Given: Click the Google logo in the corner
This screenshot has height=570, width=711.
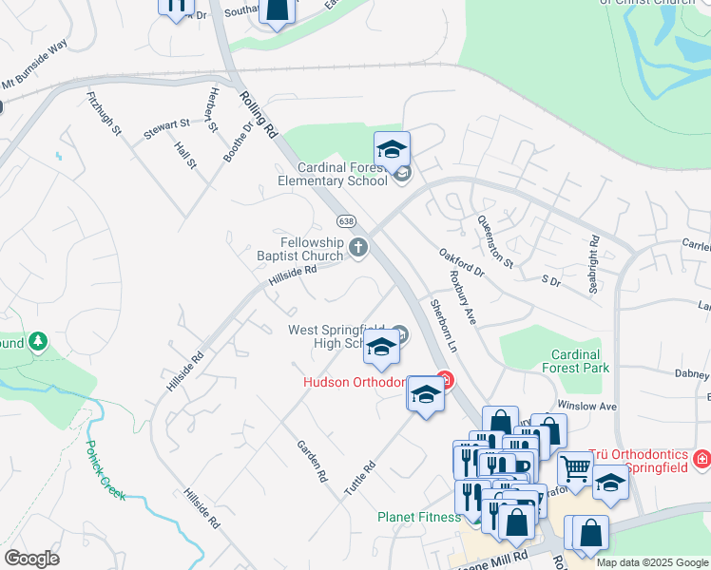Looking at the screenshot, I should coord(31,559).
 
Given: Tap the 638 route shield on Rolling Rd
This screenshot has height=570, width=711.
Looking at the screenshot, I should coord(347,220).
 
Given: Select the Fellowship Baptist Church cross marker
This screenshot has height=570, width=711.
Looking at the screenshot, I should coord(358,249).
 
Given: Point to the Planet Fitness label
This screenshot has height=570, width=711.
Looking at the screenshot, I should coord(418,517).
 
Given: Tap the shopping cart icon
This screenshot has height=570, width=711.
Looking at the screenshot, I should coord(574,467).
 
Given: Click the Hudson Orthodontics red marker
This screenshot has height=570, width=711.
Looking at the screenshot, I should coord(444,382).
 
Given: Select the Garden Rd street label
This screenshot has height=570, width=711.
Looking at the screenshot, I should coord(312,461).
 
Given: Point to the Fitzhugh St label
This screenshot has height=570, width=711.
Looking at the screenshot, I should coord(105,114).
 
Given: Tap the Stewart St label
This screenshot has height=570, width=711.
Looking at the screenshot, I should coord(167,123).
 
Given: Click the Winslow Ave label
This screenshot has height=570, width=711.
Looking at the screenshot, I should coord(587,406).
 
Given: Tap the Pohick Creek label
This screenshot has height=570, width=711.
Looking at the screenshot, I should coord(105,471).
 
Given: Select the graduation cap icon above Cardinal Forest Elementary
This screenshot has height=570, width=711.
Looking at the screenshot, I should coord(392,150).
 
